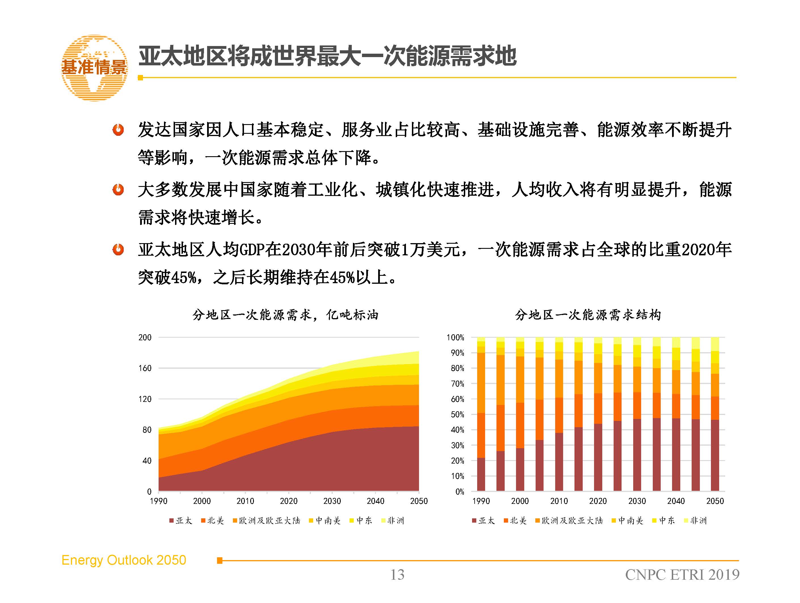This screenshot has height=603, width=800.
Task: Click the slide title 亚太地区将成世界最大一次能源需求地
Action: pyautogui.click(x=327, y=56)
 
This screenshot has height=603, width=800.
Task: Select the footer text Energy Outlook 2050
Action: pyautogui.click(x=124, y=560)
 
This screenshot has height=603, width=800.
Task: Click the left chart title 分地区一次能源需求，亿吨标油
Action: pyautogui.click(x=285, y=315)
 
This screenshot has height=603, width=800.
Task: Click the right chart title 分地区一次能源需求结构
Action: pyautogui.click(x=588, y=315)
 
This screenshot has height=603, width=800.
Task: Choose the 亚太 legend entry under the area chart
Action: pyautogui.click(x=181, y=520)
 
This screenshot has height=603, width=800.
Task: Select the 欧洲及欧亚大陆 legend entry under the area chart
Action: pyautogui.click(x=267, y=520)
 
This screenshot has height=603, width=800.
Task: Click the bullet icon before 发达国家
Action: pyautogui.click(x=118, y=130)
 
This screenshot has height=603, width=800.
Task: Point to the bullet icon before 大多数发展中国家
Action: pyautogui.click(x=118, y=189)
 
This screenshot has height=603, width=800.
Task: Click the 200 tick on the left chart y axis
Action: pyautogui.click(x=145, y=337)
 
